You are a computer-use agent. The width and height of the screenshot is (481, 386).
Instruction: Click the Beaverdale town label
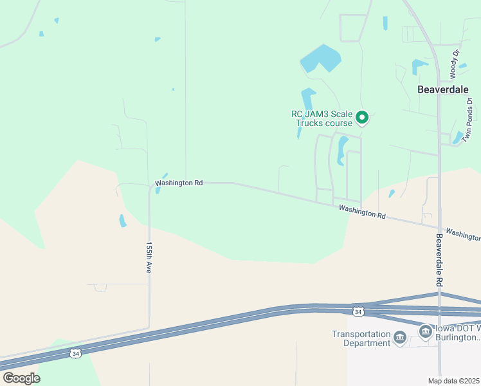(443, 89)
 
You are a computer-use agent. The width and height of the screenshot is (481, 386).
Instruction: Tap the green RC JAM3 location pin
(362, 117)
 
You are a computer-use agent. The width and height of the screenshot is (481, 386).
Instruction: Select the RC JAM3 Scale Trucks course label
(322, 118)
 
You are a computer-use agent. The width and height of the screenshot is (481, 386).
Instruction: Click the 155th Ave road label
(149, 258)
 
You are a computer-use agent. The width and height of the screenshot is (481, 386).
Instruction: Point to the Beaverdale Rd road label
(440, 260)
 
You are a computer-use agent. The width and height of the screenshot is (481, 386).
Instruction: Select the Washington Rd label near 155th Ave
(179, 183)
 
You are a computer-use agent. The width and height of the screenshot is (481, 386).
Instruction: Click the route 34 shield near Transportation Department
(358, 312)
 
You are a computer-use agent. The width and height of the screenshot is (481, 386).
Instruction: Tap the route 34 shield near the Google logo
(75, 353)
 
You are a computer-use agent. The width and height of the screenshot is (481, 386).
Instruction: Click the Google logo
(21, 378)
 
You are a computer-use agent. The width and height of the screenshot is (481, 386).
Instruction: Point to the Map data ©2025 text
(453, 381)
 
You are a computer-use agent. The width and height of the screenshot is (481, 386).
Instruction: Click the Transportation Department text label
(361, 338)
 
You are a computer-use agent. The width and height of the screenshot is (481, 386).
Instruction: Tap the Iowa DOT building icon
(425, 332)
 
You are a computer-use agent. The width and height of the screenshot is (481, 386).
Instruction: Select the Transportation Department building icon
(399, 338)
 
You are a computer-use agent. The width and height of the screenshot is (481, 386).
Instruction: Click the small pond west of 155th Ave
(122, 221)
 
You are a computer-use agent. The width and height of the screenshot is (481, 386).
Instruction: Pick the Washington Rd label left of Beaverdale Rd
(362, 212)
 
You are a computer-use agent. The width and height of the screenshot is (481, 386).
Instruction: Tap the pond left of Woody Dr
(419, 66)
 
